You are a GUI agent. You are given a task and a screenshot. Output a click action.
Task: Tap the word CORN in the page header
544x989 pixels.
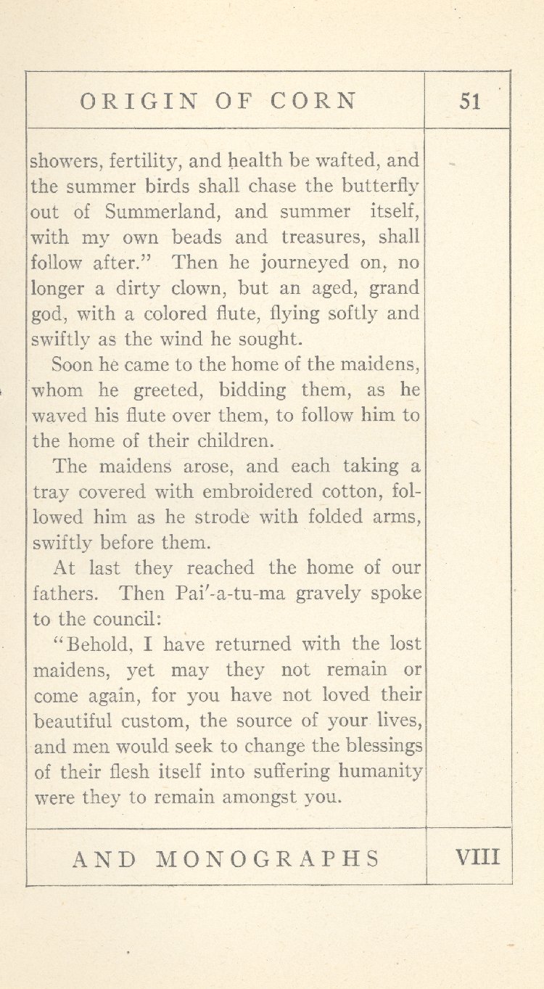click(314, 101)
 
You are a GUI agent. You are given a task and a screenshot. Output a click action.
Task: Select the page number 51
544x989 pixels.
click(470, 102)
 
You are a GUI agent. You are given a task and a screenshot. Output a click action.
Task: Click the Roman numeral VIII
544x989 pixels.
click(477, 858)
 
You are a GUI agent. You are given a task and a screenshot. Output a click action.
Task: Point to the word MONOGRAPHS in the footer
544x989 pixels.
click(268, 859)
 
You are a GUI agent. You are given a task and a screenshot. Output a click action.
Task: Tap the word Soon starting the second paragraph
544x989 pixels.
click(71, 364)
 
